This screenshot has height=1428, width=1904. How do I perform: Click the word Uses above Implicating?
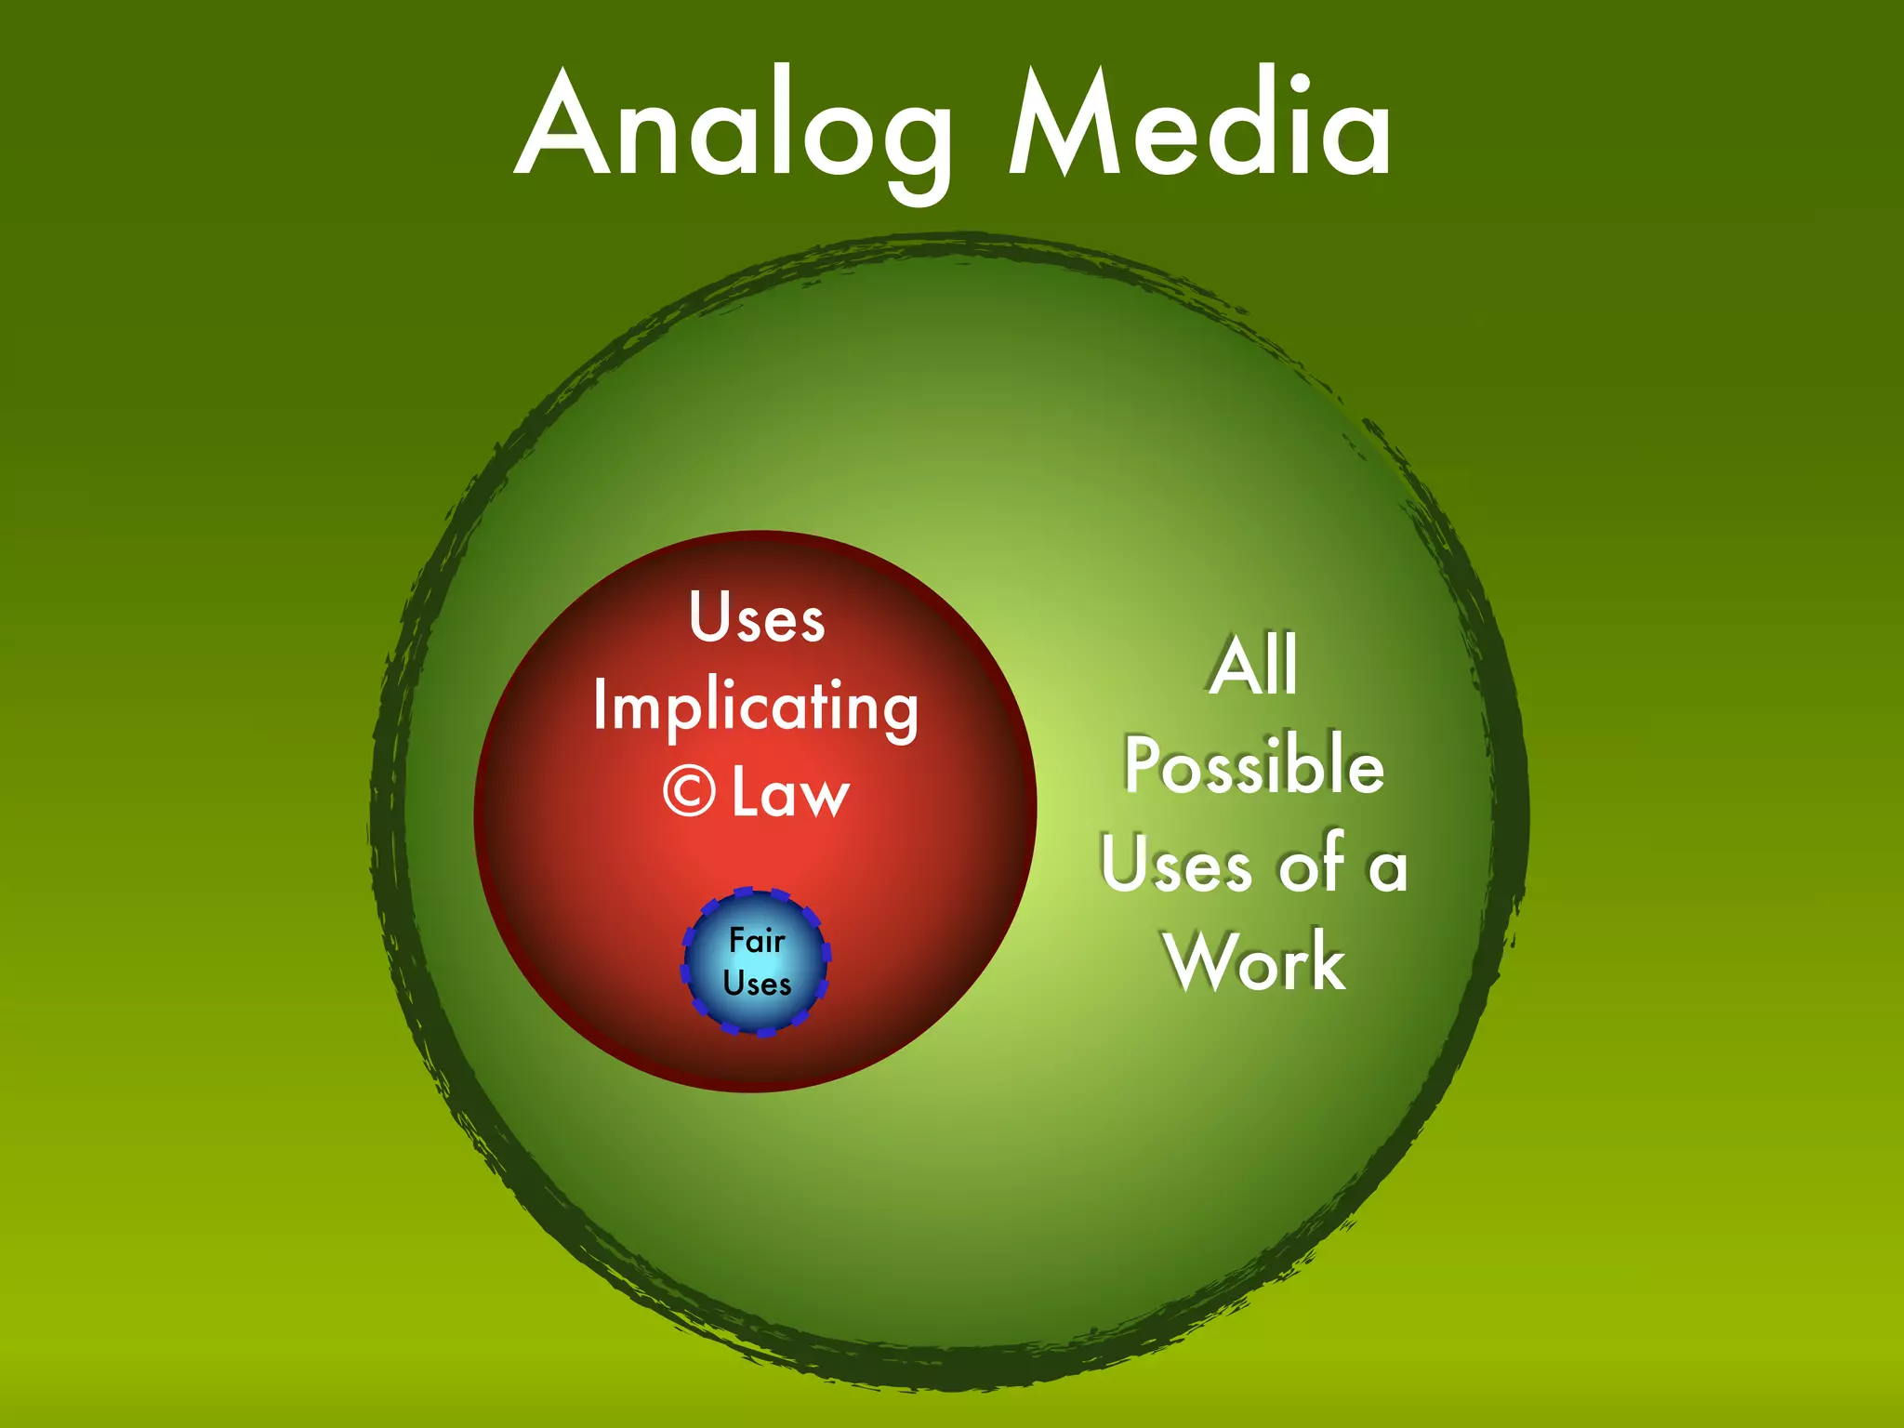click(757, 618)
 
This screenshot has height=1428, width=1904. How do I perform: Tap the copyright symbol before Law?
click(689, 792)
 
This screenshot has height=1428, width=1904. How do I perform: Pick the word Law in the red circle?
click(790, 794)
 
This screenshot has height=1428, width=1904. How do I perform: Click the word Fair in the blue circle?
click(757, 941)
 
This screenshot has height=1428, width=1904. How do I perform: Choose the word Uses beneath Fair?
click(757, 984)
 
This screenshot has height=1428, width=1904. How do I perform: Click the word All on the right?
click(1254, 665)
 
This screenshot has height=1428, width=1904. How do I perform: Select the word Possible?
click(1254, 765)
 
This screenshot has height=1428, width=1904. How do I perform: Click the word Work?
click(1255, 962)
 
